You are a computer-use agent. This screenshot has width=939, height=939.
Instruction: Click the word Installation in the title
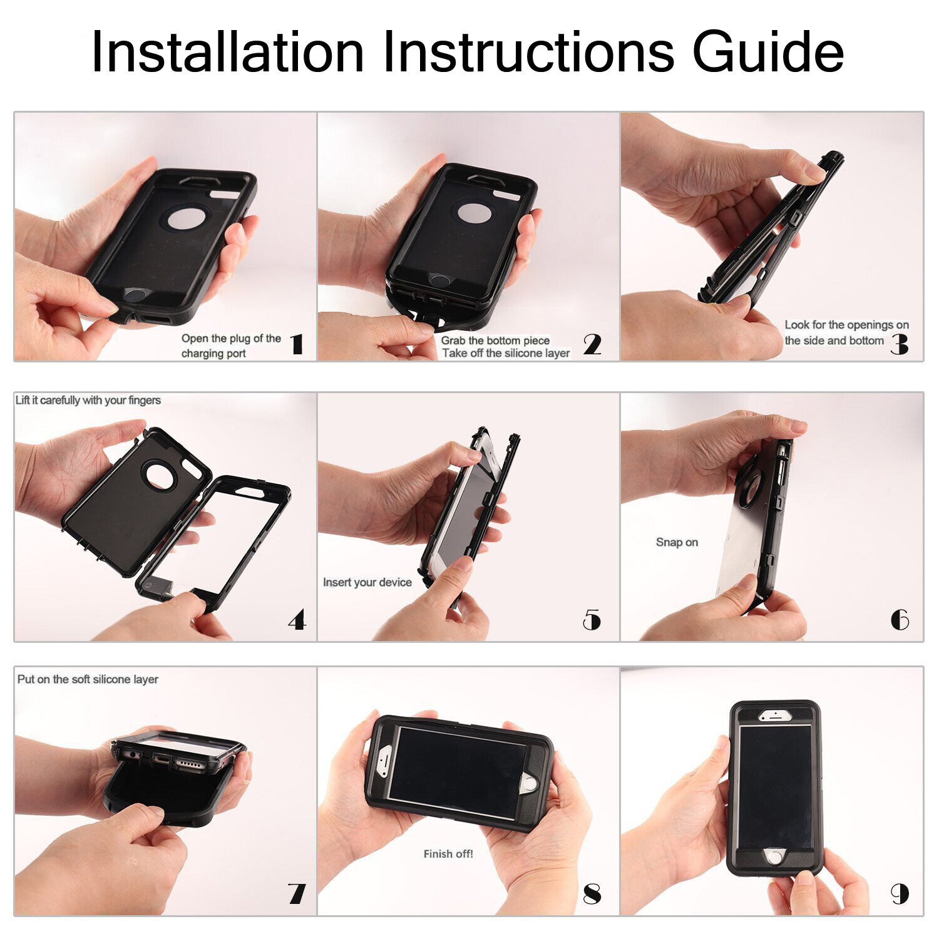point(227,52)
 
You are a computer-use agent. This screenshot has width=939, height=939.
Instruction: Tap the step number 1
point(297,344)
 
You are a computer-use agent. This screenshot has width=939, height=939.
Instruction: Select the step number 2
point(592,344)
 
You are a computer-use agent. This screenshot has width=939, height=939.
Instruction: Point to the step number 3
point(900,344)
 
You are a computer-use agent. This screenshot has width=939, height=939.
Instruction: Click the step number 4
point(297,620)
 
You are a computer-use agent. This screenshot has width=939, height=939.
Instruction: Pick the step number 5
point(592,620)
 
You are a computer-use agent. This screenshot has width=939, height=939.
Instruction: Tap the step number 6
point(900,620)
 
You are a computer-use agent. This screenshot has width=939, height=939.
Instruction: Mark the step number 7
point(297,893)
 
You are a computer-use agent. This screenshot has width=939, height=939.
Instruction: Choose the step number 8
point(592,894)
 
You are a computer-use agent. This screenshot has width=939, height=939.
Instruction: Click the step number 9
point(900,894)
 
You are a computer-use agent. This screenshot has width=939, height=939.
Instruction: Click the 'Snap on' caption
point(677,542)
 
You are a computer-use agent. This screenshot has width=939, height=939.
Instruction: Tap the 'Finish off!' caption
point(448,854)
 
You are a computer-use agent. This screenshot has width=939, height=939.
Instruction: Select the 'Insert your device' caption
point(367,582)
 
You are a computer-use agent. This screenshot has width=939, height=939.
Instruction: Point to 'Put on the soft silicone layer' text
point(88,679)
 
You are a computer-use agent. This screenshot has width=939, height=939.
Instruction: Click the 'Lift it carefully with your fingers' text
point(88,400)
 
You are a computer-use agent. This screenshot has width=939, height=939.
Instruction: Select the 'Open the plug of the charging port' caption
point(231,346)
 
